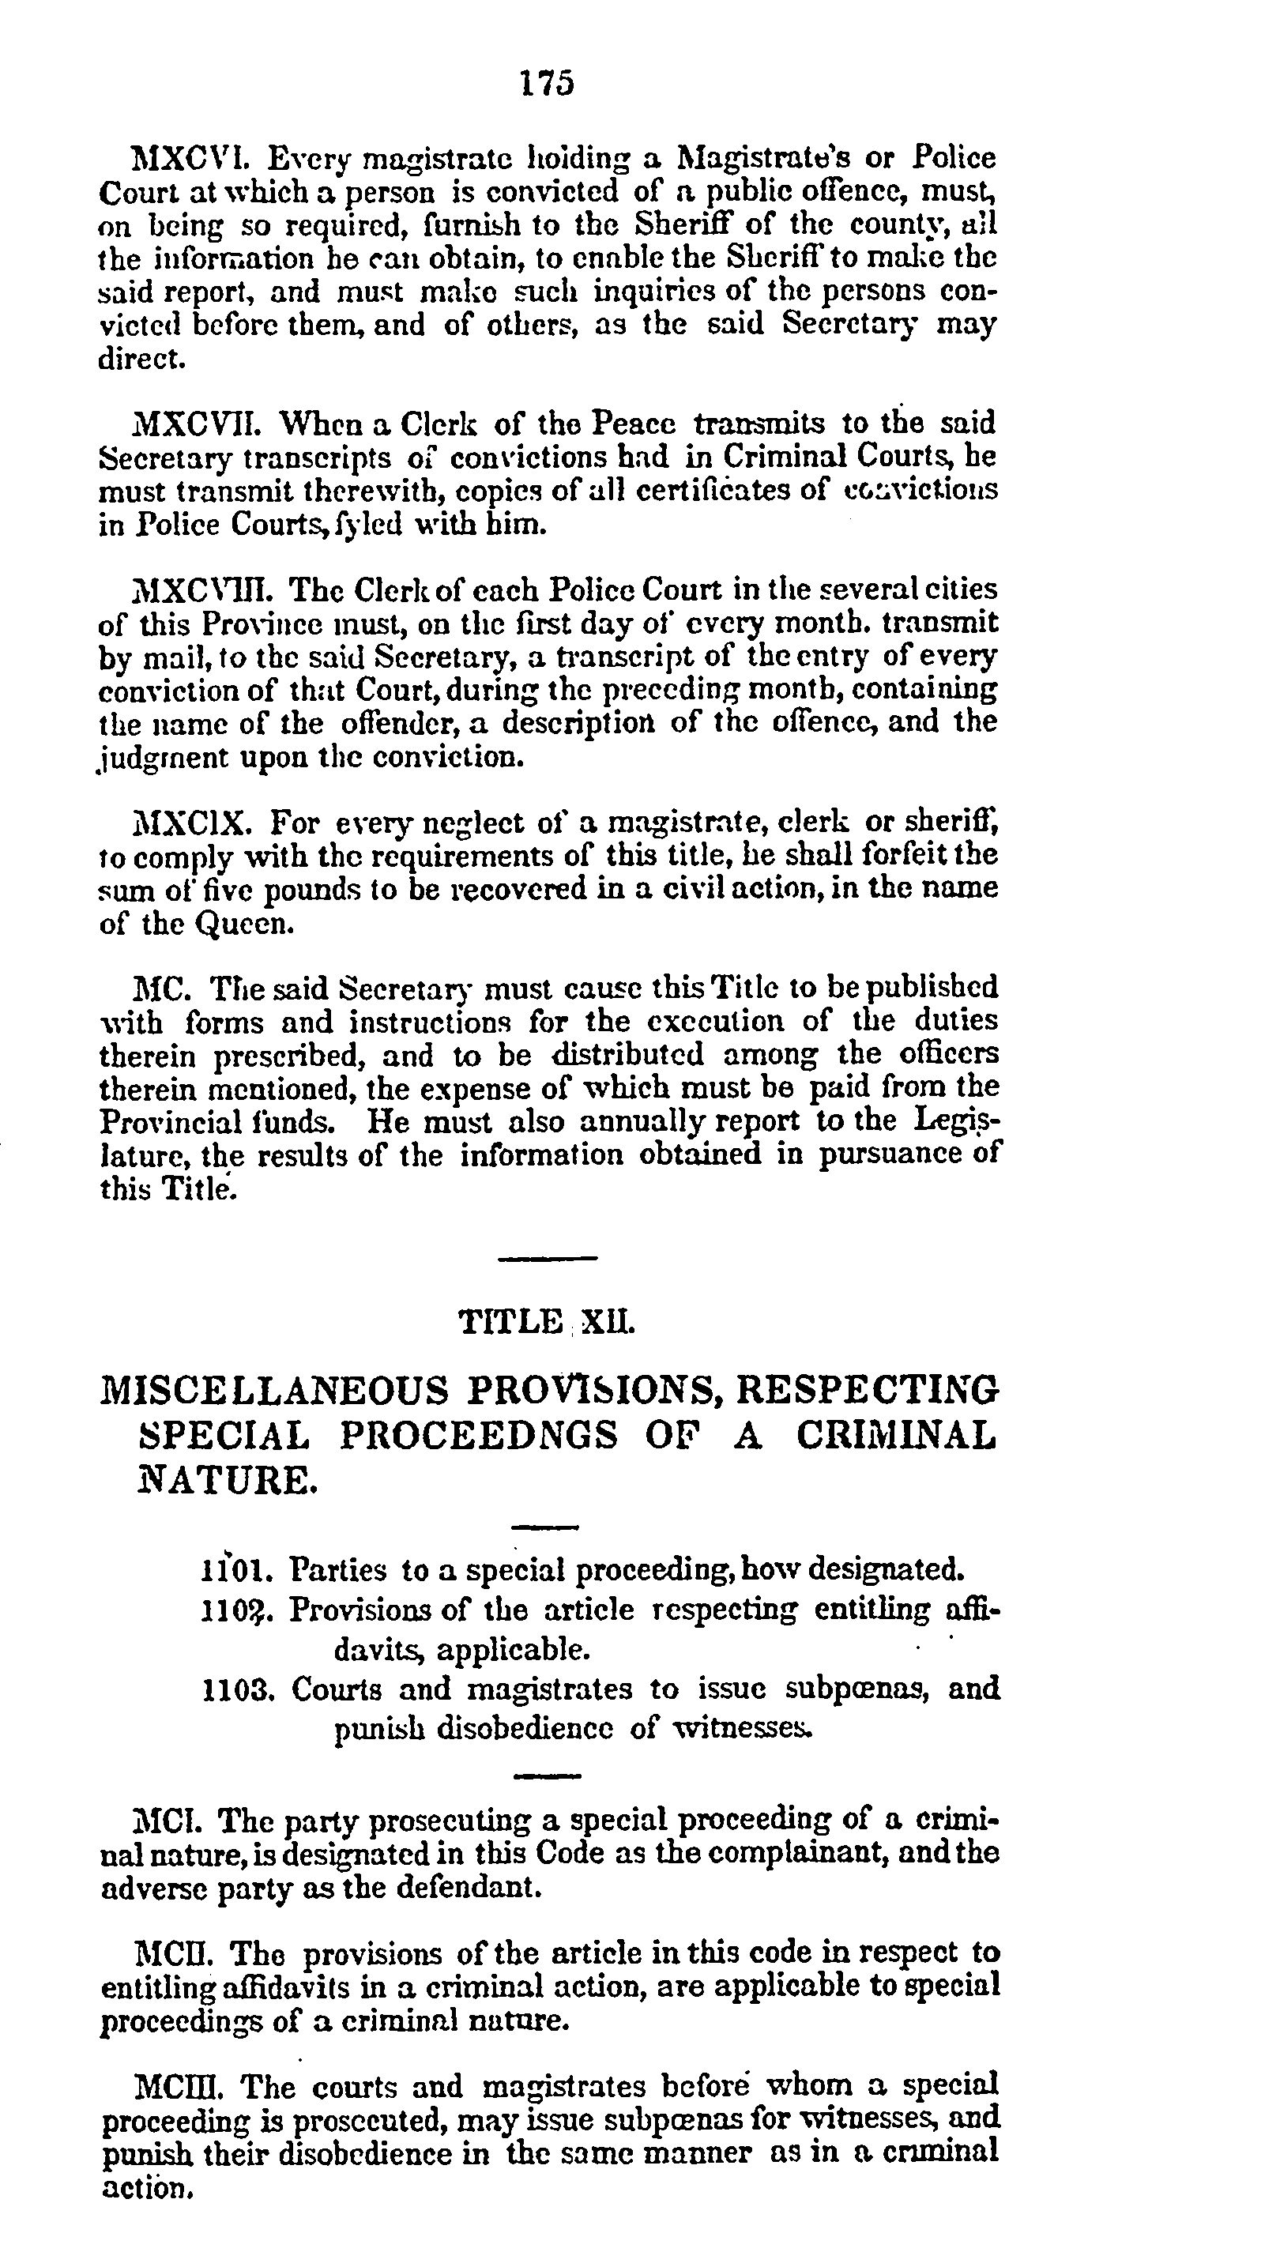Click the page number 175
coord(547,83)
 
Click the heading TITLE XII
coord(547,1321)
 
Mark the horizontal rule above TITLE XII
coord(547,1259)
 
